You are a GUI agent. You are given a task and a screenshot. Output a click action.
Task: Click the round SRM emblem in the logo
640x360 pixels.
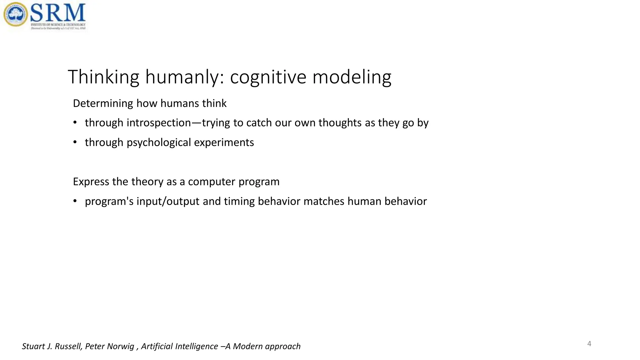click(15, 14)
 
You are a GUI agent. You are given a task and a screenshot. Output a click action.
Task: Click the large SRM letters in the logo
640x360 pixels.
click(58, 13)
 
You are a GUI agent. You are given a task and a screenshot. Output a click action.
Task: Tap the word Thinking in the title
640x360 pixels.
click(103, 77)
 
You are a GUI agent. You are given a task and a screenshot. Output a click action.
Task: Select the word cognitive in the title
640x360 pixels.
click(268, 77)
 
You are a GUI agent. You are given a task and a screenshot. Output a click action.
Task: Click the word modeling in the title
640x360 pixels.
click(352, 77)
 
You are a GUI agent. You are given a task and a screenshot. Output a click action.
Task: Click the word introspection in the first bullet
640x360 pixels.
click(159, 123)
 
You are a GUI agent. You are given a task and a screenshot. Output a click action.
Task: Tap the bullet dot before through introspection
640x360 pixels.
click(75, 122)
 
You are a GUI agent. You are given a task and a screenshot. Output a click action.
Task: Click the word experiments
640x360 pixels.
click(224, 142)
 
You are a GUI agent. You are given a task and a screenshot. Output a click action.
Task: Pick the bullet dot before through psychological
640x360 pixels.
click(75, 142)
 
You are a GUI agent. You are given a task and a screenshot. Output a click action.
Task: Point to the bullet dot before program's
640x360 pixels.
click(75, 201)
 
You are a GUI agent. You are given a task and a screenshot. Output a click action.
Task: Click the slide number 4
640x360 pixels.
click(589, 344)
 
